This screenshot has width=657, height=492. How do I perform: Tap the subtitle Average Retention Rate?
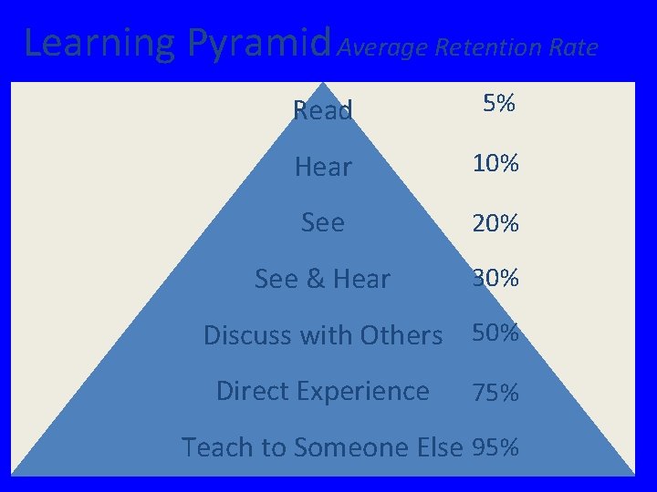tap(467, 46)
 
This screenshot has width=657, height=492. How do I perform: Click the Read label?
tap(323, 111)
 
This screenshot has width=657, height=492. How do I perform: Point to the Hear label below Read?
tap(323, 167)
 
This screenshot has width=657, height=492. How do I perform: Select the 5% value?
tap(499, 105)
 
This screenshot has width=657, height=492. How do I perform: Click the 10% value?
tap(495, 164)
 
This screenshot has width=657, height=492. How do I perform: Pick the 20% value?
tap(495, 223)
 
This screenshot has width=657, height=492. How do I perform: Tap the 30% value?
tap(495, 279)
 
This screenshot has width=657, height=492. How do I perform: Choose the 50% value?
tap(495, 333)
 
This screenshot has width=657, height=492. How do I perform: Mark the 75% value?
tap(495, 393)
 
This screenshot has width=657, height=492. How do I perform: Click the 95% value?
tap(495, 447)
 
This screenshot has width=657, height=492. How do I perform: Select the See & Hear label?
tap(322, 279)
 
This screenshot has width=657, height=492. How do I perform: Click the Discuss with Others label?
tap(322, 335)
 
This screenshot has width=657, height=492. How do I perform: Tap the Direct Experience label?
tap(322, 391)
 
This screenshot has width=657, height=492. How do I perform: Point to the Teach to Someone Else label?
tap(322, 447)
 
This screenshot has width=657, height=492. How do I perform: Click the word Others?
tap(401, 335)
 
